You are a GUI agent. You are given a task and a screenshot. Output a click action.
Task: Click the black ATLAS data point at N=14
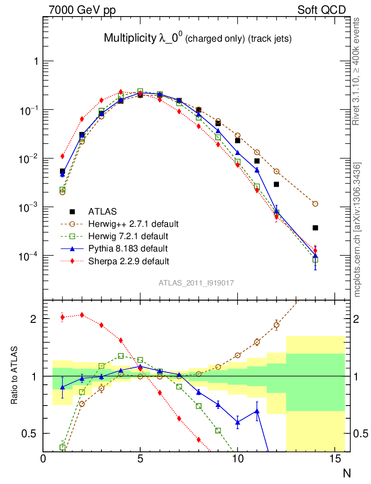tap(315, 228)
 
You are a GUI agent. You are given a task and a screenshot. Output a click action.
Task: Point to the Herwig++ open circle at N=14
tap(315, 204)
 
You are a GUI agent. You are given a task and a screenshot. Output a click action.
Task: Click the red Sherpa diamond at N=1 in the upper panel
tap(62, 156)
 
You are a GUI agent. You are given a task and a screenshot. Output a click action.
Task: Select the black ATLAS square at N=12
tap(277, 184)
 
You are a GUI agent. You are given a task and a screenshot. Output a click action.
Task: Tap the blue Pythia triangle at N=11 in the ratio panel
tap(257, 411)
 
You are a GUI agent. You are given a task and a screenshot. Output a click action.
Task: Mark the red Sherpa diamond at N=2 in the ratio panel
tap(82, 315)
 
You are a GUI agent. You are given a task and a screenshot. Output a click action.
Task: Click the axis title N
tap(346, 473)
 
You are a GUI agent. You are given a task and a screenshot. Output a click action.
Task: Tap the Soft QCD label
tap(321, 9)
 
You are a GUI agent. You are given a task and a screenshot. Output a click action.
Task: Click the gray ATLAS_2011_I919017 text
tap(196, 283)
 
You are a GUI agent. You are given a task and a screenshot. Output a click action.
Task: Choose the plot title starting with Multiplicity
tap(197, 39)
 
